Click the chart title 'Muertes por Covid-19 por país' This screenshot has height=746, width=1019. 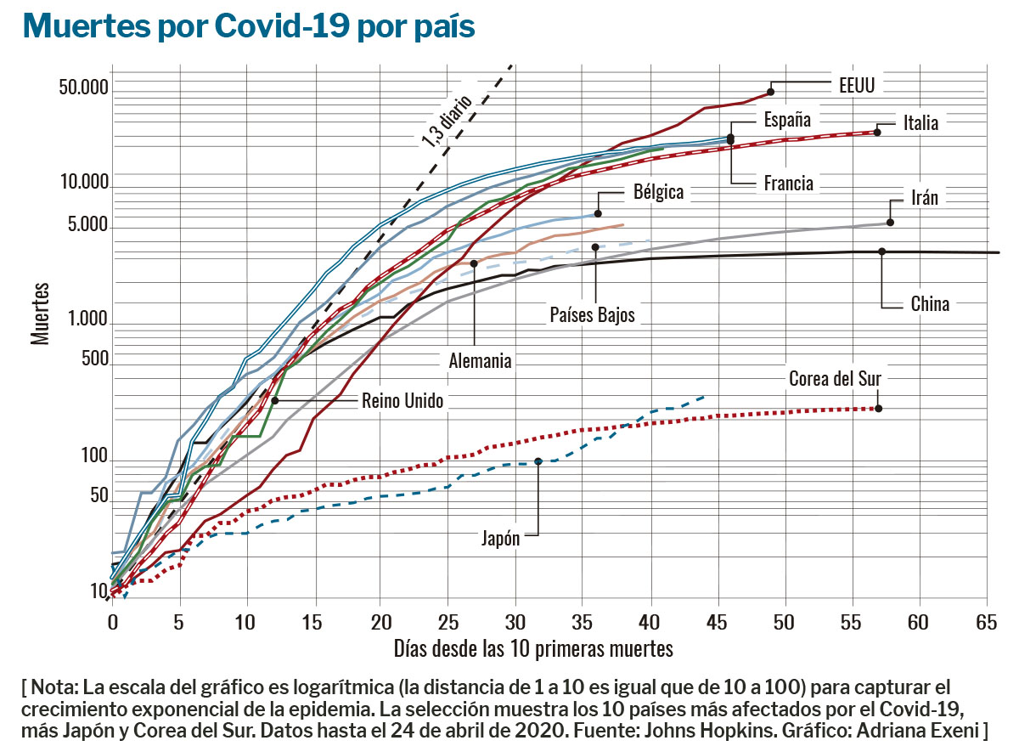(248, 26)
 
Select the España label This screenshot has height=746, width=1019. (787, 120)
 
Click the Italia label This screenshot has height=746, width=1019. (920, 123)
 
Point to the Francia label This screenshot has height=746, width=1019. (788, 183)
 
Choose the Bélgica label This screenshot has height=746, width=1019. (658, 192)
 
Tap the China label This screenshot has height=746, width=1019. (930, 303)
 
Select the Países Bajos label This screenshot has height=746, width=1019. (593, 315)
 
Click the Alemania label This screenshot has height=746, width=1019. (480, 361)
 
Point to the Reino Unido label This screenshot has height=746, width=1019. (403, 401)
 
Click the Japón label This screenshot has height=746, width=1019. (500, 538)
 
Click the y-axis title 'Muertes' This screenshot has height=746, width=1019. (40, 314)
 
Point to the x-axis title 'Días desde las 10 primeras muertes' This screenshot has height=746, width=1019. (533, 649)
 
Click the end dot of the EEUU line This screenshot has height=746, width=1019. (771, 91)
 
